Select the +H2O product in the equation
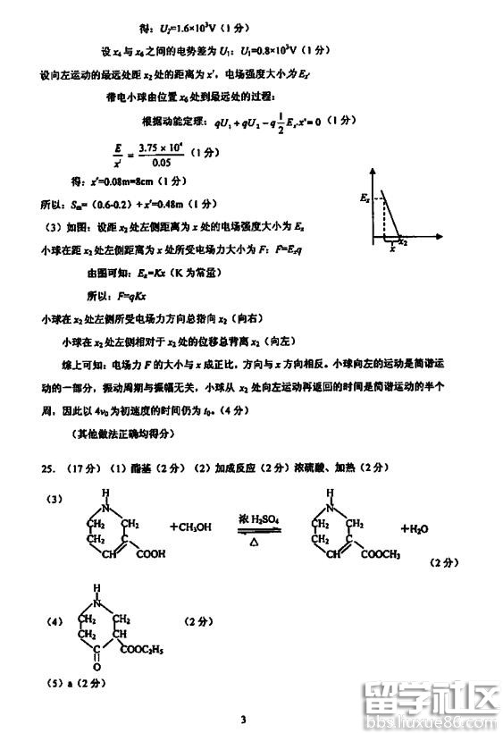point(415,529)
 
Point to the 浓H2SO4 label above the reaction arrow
point(258,518)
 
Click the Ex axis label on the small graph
point(365,195)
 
